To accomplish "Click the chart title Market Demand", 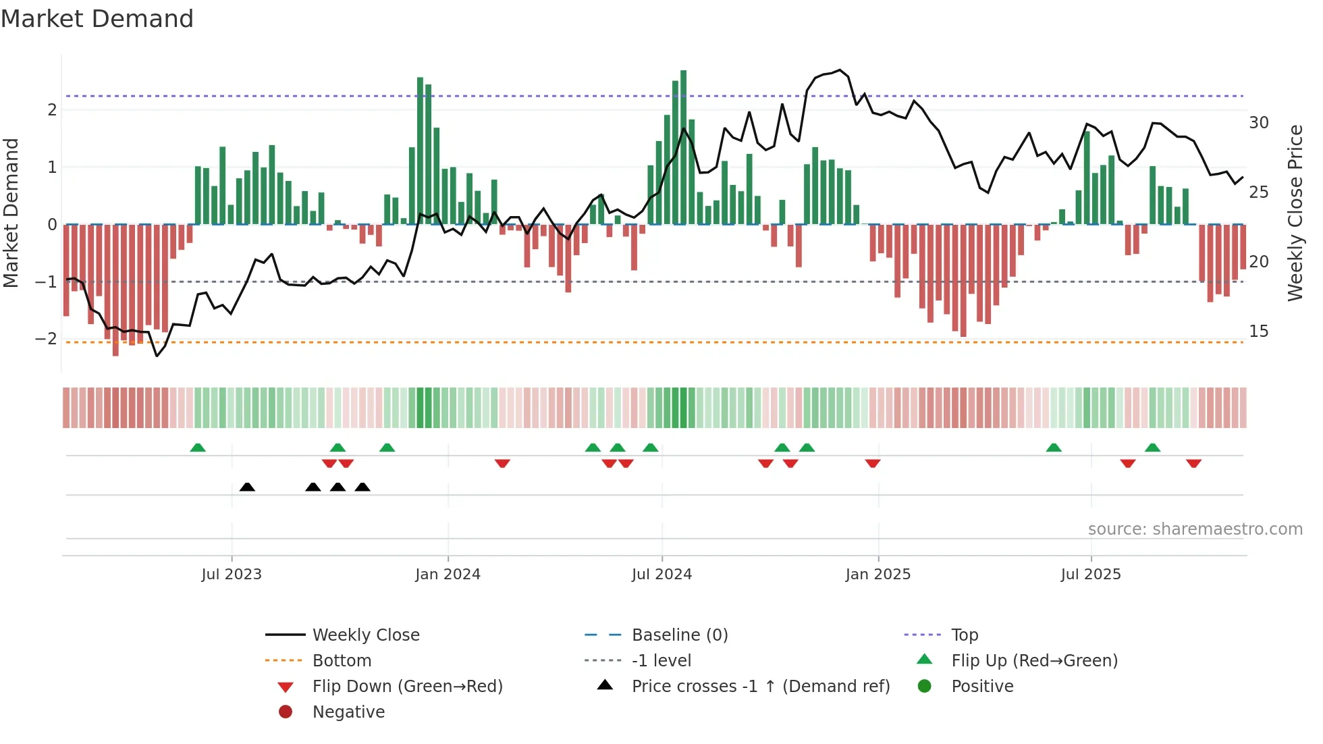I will click(x=97, y=19).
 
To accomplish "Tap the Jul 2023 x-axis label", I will click(x=232, y=574).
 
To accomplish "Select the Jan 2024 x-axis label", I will click(x=448, y=574).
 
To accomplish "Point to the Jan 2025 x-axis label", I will click(x=878, y=574).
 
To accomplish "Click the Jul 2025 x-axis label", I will click(x=1090, y=574).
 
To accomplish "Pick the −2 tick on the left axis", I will click(x=46, y=339).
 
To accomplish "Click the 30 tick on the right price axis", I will click(x=1258, y=123).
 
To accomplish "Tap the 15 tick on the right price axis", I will click(x=1258, y=331).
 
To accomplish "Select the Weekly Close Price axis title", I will click(x=1295, y=213).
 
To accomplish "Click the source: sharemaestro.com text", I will click(x=1195, y=529).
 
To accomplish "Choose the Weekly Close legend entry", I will click(x=365, y=635).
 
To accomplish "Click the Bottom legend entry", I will click(x=342, y=660).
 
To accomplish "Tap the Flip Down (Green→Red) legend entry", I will click(x=407, y=686).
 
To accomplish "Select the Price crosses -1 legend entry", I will click(x=760, y=686).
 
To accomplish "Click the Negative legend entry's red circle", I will click(x=286, y=712).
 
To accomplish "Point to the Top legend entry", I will click(x=964, y=635).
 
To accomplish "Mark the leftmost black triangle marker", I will click(x=247, y=487).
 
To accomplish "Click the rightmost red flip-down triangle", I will click(x=1193, y=463).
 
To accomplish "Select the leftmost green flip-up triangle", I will click(x=198, y=448).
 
